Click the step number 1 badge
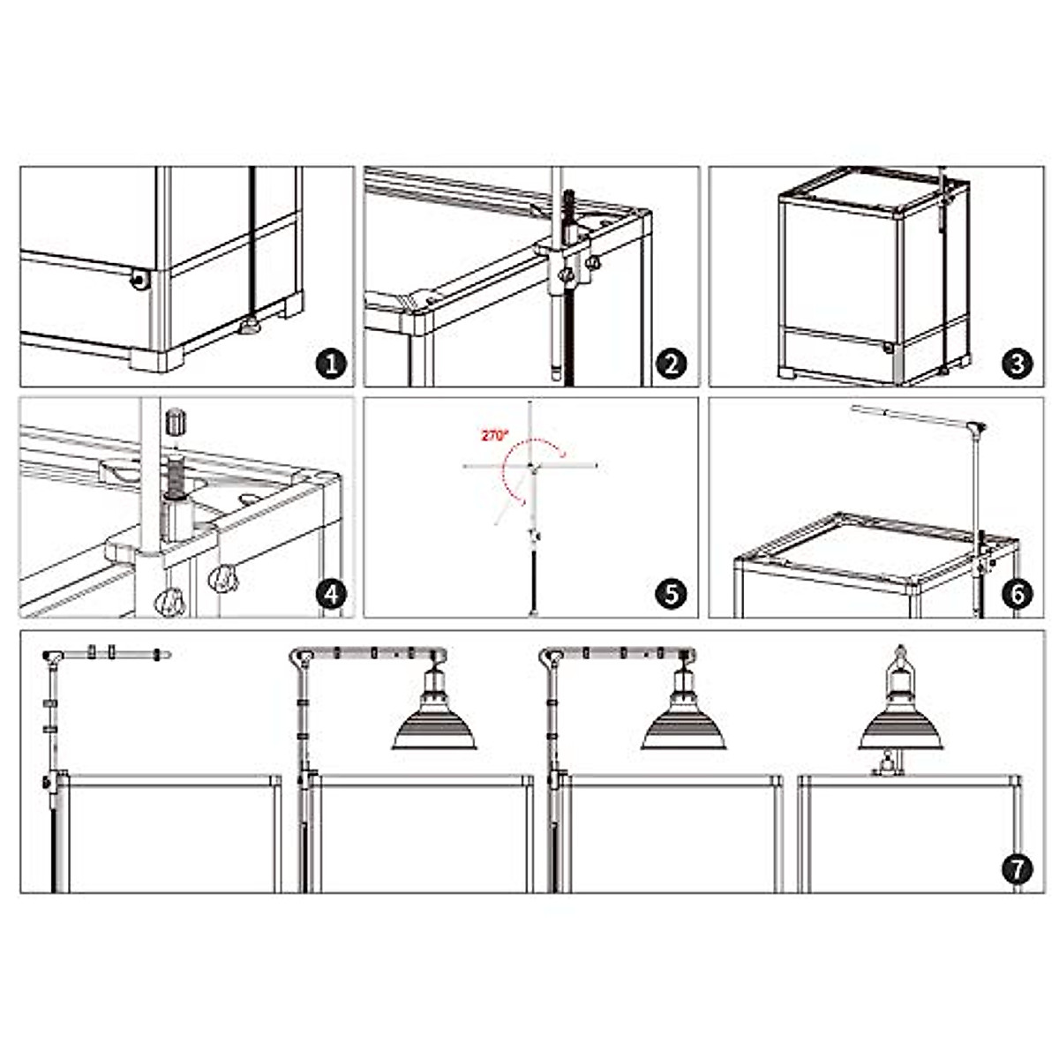[332, 364]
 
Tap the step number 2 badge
[671, 364]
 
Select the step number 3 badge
[1018, 364]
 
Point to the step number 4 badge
[332, 594]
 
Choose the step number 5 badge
[671, 594]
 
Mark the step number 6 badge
[1018, 594]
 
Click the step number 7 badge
[1018, 869]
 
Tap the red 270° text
[495, 436]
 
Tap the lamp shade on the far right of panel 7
[900, 731]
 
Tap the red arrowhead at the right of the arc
[561, 453]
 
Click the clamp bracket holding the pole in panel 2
[563, 264]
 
